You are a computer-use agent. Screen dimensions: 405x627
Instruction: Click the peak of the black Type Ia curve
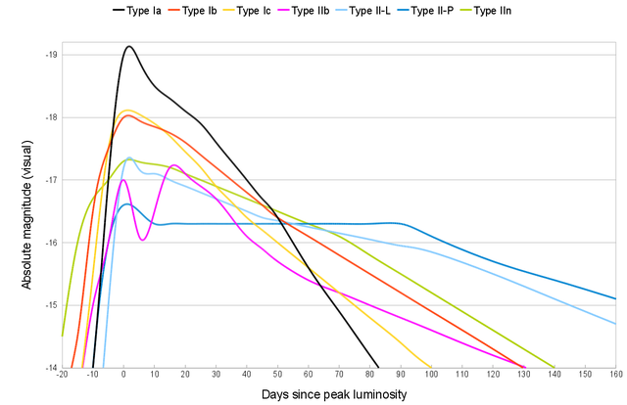(x=128, y=46)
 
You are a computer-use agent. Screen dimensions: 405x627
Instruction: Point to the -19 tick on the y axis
(x=52, y=55)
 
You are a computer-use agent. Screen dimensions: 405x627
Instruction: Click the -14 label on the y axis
(x=52, y=368)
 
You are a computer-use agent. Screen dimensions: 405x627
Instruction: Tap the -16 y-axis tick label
(x=52, y=243)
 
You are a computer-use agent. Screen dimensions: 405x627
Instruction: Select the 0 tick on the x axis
(x=123, y=377)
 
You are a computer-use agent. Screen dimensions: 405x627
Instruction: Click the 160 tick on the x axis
(x=615, y=377)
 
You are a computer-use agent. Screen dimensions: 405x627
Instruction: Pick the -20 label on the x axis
(x=63, y=377)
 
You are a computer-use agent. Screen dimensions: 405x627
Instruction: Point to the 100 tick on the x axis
(x=431, y=377)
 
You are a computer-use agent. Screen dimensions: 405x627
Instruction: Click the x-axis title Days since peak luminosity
(x=334, y=394)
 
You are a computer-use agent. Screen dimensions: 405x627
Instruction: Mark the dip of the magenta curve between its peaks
(x=142, y=240)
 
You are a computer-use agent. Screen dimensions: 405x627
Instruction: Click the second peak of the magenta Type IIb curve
(x=173, y=165)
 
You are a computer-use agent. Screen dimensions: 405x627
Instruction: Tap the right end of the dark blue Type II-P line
(x=614, y=298)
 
